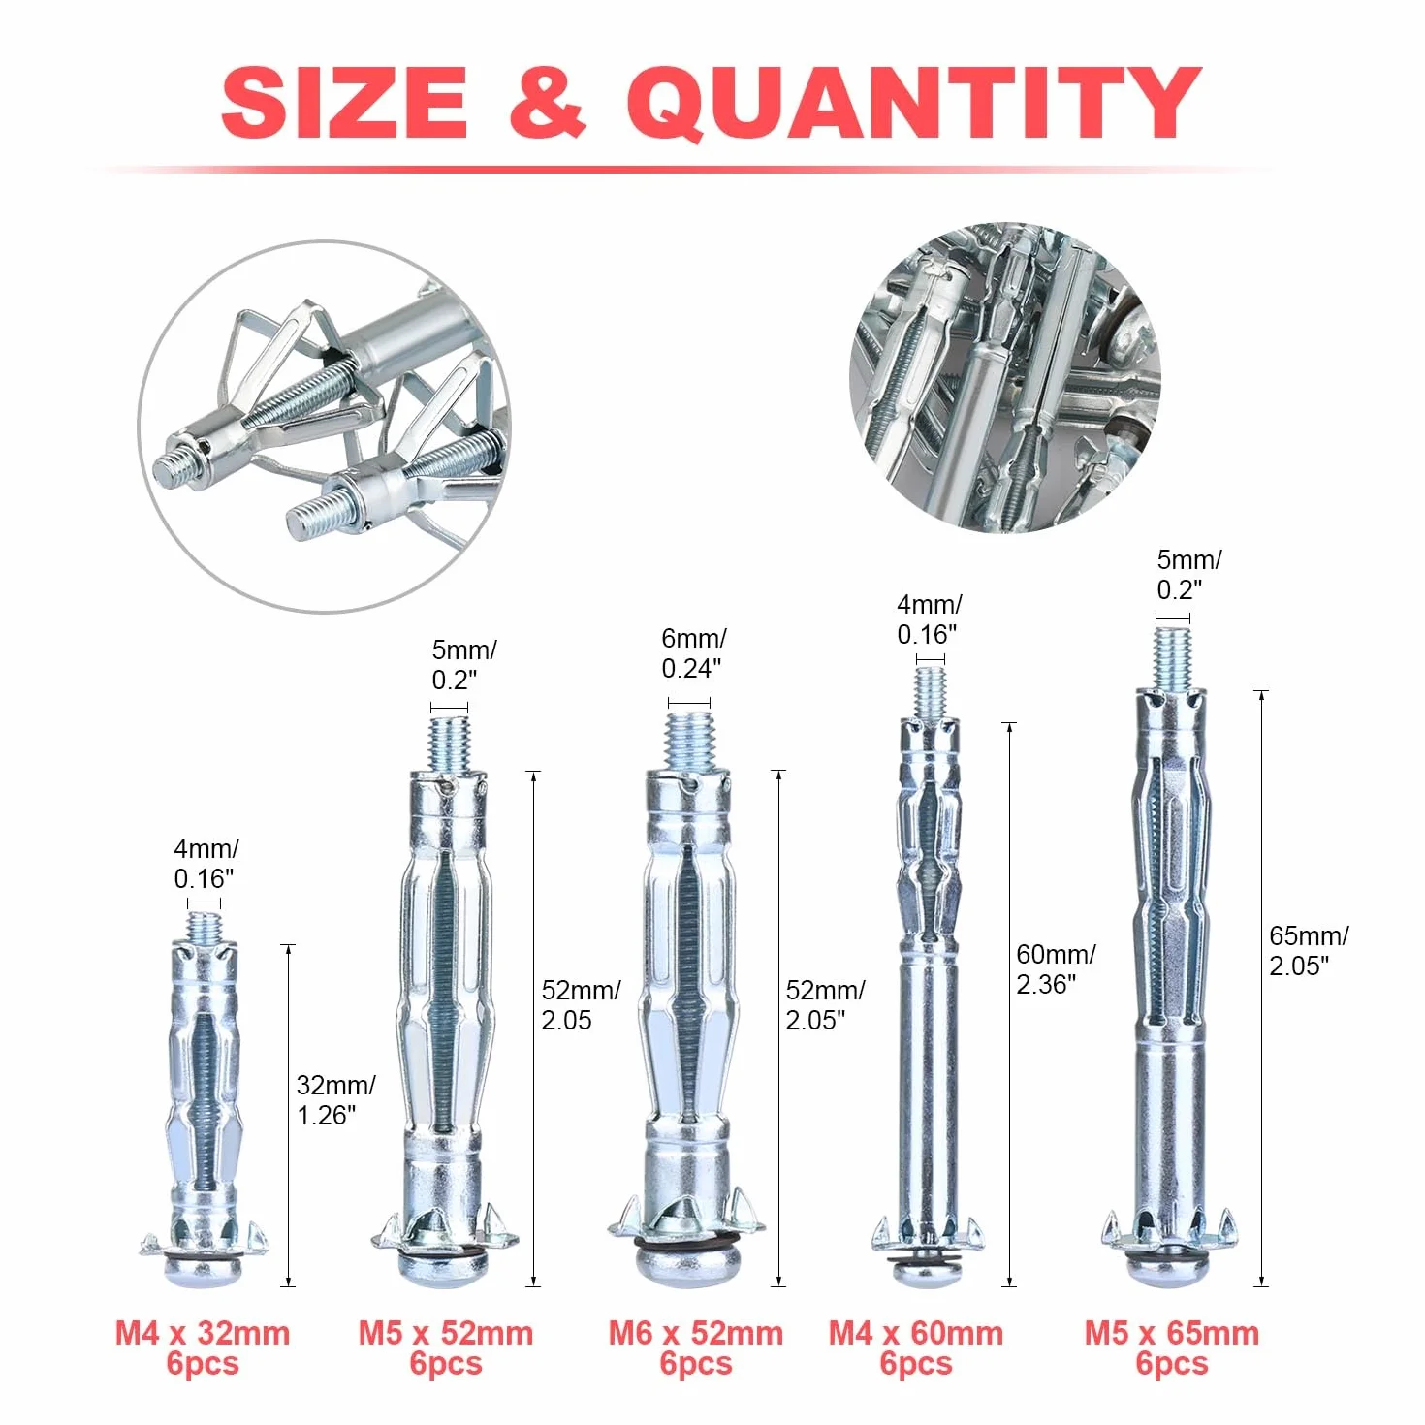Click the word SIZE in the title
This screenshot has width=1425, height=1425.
point(344,102)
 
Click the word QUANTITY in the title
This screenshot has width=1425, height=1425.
point(915,104)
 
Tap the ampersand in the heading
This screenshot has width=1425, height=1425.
point(548,102)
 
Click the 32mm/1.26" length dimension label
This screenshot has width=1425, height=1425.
point(335,1099)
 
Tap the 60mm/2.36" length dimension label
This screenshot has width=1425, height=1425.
point(1056,968)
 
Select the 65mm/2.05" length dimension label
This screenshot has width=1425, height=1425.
point(1309,950)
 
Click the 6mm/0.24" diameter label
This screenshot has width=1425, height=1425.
point(694,653)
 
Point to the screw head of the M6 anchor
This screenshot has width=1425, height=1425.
point(694,1267)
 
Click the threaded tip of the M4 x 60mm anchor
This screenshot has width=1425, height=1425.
point(931,693)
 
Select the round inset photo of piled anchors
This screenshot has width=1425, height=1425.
point(1005,376)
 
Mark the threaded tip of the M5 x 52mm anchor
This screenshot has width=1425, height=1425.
point(449,744)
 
